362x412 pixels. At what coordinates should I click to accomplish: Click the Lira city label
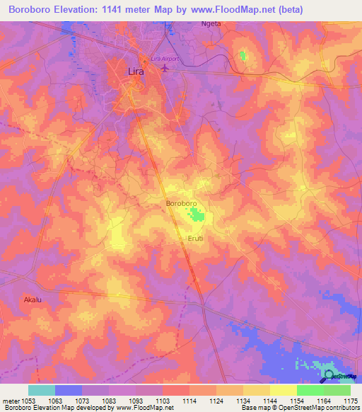[x=137, y=71]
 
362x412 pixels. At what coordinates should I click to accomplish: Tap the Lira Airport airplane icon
[x=166, y=68]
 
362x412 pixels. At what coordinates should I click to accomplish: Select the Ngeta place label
[x=211, y=23]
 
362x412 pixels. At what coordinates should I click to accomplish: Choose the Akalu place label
[x=33, y=299]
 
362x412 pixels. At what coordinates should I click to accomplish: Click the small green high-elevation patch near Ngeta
[x=244, y=55]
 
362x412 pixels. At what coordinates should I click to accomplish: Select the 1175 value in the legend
[x=350, y=400]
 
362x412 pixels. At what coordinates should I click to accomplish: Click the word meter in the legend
[x=10, y=400]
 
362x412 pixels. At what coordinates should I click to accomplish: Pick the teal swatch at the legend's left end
[x=41, y=390]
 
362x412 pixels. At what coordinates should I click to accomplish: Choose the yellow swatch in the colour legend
[x=283, y=390]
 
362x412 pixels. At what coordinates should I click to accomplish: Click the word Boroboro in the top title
[x=31, y=10]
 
